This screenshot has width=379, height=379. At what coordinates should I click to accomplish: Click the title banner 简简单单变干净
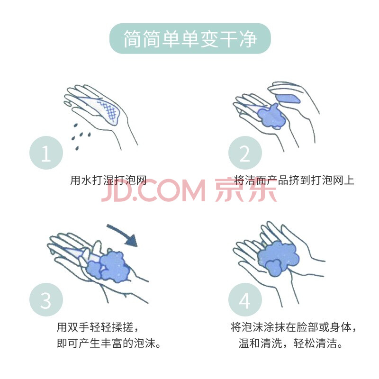[x=190, y=38]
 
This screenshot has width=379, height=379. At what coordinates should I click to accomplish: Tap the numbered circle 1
[x=46, y=153]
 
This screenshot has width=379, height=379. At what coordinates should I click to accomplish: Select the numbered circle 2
[x=245, y=153]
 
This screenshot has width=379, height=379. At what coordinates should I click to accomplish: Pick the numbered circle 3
[x=46, y=300]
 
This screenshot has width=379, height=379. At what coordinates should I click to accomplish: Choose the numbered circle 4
[x=245, y=300]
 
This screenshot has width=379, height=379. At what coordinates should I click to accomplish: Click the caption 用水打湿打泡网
[x=108, y=180]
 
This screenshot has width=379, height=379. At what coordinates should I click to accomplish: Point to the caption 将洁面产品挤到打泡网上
[x=294, y=180]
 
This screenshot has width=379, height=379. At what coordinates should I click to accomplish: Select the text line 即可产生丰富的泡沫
[x=109, y=343]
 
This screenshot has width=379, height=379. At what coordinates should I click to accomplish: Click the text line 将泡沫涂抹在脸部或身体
[x=293, y=327]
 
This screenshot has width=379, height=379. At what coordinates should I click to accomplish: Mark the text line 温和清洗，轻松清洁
[x=290, y=343]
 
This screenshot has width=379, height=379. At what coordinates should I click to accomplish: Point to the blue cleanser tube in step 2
[x=288, y=99]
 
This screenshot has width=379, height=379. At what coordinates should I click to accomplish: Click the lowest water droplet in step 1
[x=77, y=148]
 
